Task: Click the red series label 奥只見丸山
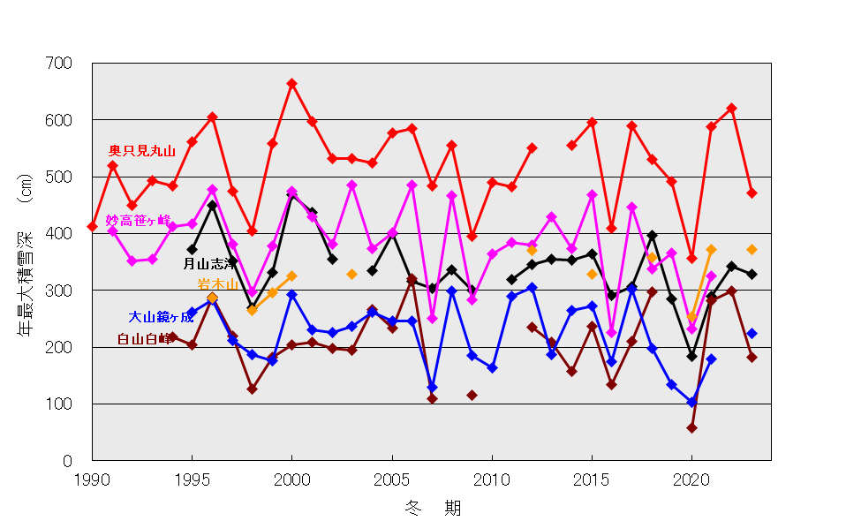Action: [x=141, y=151]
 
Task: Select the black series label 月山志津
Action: [x=209, y=263]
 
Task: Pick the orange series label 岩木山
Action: [x=216, y=284]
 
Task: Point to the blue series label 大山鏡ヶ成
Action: [x=161, y=317]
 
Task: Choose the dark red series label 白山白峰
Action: [x=145, y=339]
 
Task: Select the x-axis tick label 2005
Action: [x=392, y=479]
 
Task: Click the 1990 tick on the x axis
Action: [x=92, y=479]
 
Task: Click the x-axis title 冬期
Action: [x=432, y=508]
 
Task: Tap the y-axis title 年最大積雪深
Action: [x=26, y=265]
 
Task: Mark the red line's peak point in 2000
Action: [x=291, y=84]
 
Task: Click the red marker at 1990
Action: [x=93, y=227]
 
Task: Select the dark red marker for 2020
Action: [x=691, y=428]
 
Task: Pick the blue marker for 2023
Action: [x=752, y=334]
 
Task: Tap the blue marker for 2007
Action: [x=432, y=388]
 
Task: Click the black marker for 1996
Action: [x=212, y=206]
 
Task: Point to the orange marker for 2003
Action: [x=351, y=274]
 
